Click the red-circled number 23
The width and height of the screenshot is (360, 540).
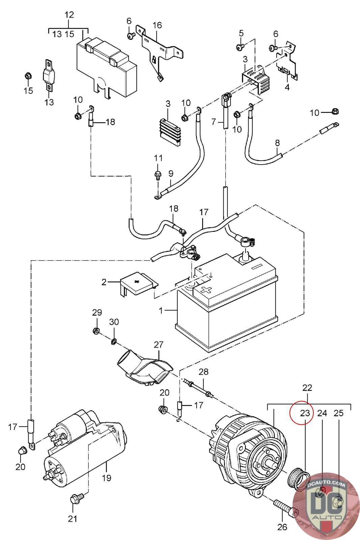tap(305, 413)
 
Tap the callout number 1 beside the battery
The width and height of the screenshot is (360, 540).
tap(161, 310)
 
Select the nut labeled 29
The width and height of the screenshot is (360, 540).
tap(96, 331)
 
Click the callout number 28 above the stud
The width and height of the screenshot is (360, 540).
tap(203, 372)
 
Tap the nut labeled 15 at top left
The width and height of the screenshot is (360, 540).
tap(28, 76)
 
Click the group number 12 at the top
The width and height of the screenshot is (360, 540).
tap(69, 15)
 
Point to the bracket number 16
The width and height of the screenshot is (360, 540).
tap(157, 25)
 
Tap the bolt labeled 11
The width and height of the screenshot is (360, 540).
tap(157, 174)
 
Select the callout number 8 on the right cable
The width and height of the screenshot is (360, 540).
tap(277, 143)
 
